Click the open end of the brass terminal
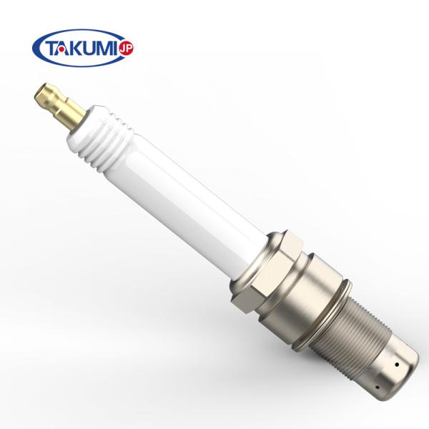(40, 92)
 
